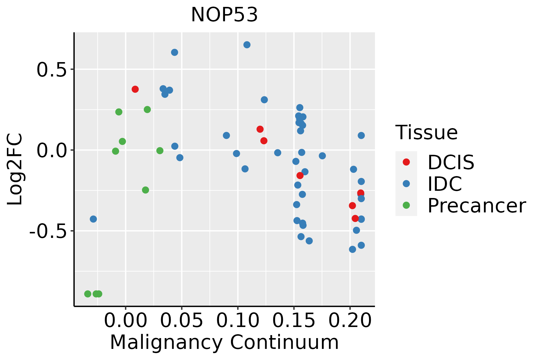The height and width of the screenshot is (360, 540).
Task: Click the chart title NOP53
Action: (x=224, y=15)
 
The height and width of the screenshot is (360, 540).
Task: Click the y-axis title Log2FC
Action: (x=15, y=169)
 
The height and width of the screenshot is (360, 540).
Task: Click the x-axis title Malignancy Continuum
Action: (x=224, y=343)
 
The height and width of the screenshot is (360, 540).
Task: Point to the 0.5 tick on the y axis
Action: (x=51, y=70)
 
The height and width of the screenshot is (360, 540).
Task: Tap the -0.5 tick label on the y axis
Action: (x=47, y=231)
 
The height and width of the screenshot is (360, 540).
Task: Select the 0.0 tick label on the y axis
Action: (x=51, y=150)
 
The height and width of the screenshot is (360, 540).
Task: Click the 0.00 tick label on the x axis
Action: (x=125, y=320)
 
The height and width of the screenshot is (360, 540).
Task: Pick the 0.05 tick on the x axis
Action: (x=181, y=320)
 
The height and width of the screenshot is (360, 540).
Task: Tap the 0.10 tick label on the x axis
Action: (x=238, y=320)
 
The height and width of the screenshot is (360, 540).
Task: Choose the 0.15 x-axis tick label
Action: (x=294, y=320)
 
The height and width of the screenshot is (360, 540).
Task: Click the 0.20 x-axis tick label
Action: (x=350, y=320)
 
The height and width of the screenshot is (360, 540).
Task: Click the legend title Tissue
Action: (x=427, y=132)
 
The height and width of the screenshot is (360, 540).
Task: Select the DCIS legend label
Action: (x=451, y=162)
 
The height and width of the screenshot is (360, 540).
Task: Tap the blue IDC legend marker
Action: (x=406, y=184)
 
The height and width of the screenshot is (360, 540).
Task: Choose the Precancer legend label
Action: (x=476, y=206)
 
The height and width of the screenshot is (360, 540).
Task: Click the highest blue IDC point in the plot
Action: (x=247, y=45)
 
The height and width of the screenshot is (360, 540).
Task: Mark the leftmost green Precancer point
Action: (x=88, y=294)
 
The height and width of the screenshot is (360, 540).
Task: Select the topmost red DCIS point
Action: (x=135, y=89)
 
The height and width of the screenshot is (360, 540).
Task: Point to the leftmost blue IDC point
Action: (x=93, y=219)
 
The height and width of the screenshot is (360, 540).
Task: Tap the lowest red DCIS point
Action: (x=355, y=218)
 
